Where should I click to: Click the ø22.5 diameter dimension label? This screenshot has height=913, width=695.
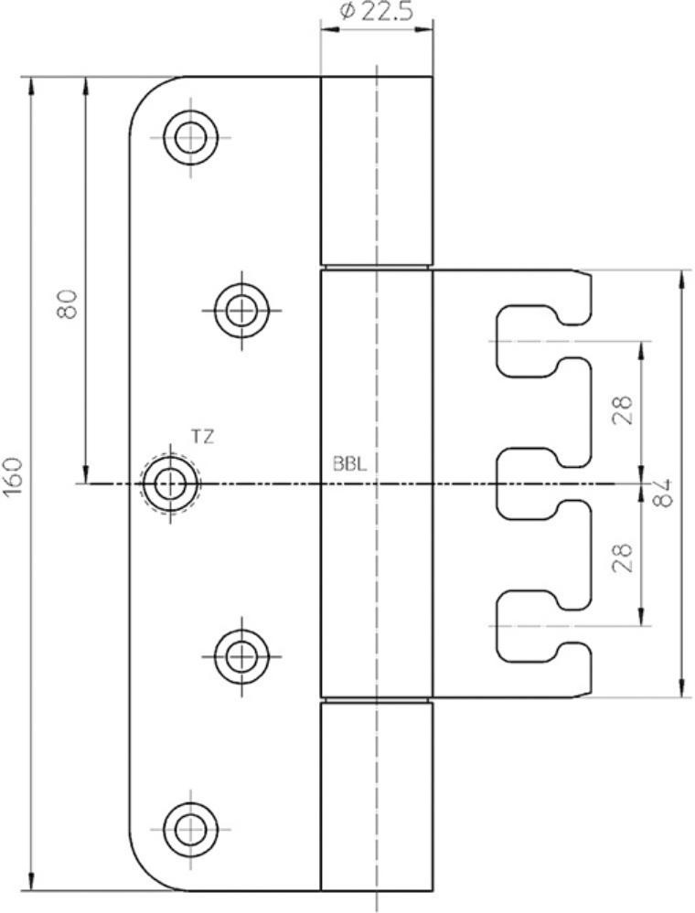coord(376,11)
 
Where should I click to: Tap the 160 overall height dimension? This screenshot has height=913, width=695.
coord(13,477)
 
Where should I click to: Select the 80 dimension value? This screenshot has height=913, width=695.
coord(68,303)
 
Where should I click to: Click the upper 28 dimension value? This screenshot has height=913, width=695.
coord(623,409)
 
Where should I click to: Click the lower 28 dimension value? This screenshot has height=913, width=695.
coord(623,557)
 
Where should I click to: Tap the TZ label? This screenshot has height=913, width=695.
coord(202,436)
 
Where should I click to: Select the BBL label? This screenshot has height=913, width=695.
coord(349,464)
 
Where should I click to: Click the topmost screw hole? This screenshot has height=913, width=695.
coord(190,138)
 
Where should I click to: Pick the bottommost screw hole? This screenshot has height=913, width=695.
coord(190,829)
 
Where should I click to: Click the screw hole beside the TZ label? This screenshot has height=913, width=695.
coord(170,483)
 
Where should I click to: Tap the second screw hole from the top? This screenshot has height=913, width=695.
coord(241,310)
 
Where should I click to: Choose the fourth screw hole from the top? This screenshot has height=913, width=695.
coord(241,656)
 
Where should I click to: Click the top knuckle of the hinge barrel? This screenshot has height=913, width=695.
coord(377,170)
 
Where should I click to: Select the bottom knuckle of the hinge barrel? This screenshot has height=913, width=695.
coord(377,797)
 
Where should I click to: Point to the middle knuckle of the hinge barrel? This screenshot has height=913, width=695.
coord(377,483)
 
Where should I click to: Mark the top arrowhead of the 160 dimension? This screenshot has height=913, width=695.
coord(30,86)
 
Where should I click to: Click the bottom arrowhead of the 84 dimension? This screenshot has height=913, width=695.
coord(682,688)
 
